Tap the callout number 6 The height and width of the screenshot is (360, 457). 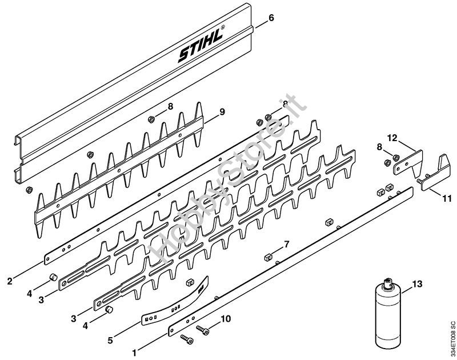click(x=271, y=18)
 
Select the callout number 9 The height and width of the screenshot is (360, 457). click(x=222, y=111)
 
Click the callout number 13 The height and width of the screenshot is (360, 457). click(x=418, y=283)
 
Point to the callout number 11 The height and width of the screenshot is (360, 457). click(x=447, y=199)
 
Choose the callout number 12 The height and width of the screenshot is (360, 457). click(x=392, y=138)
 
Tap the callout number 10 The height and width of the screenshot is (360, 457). click(x=226, y=319)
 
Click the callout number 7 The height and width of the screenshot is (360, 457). click(x=287, y=244)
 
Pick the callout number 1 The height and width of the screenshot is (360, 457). click(x=134, y=353)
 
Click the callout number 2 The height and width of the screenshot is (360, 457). click(x=10, y=281)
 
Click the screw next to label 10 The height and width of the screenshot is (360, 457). click(x=203, y=330)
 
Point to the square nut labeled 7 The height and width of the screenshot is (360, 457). click(x=268, y=257)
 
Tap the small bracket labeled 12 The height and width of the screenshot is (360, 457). click(x=408, y=163)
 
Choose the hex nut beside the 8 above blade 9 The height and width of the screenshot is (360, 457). click(x=151, y=119)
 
